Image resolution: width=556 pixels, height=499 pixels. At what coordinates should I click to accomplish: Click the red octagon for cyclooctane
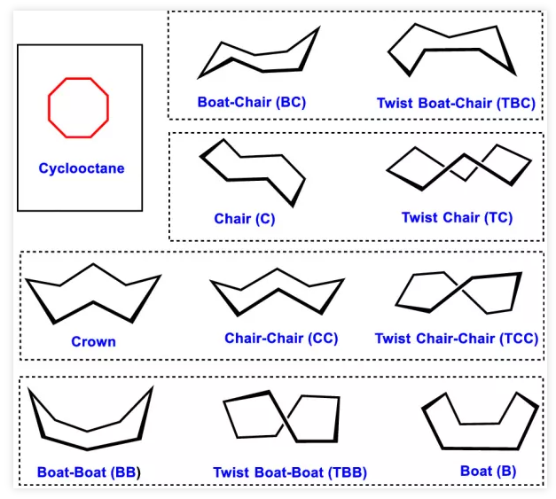(x=78, y=107)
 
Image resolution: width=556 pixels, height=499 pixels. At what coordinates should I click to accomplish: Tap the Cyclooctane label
(x=81, y=168)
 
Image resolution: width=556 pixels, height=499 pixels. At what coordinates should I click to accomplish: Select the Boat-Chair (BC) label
(x=251, y=102)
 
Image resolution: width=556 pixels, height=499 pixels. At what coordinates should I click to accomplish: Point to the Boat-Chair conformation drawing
(x=258, y=55)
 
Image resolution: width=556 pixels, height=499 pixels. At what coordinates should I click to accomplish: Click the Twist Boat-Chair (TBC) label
(x=456, y=103)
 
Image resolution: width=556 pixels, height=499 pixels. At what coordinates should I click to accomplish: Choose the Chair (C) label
(x=244, y=218)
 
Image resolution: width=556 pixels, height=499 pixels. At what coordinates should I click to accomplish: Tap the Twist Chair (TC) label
(x=457, y=217)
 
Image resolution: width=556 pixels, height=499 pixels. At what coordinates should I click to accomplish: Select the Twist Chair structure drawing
(x=458, y=165)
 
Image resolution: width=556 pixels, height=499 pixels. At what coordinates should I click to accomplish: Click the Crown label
(x=93, y=341)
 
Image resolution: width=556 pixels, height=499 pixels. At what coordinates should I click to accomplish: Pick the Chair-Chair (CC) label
(x=281, y=339)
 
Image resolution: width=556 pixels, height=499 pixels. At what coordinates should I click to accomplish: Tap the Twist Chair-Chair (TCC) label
(x=456, y=339)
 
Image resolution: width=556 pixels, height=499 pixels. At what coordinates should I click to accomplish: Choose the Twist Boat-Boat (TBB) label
(x=290, y=472)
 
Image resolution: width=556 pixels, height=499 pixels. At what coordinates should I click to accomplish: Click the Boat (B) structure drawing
(x=480, y=423)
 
